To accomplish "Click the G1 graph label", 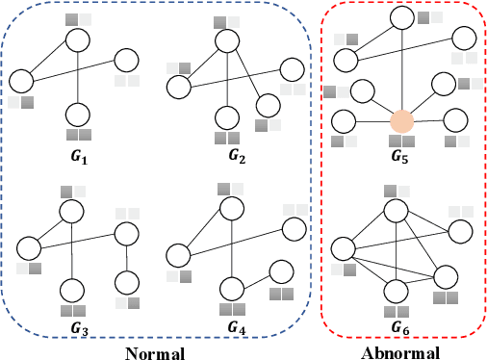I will click(x=79, y=153).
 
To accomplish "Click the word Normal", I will click(x=155, y=350).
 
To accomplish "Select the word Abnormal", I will click(x=400, y=350).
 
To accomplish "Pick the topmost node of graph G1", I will click(x=78, y=39).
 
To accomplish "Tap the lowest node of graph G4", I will click(x=230, y=287).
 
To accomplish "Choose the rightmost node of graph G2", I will click(x=293, y=68).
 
